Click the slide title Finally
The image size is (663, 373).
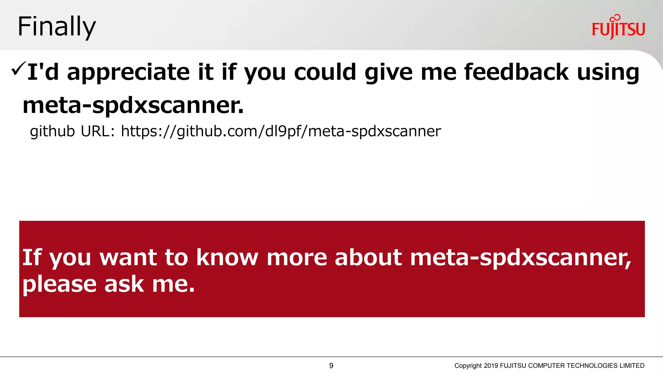(x=57, y=27)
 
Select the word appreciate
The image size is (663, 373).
(x=128, y=73)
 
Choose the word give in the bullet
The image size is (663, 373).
(x=388, y=73)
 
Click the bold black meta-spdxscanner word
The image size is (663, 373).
(x=133, y=106)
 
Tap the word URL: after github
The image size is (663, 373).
(x=97, y=131)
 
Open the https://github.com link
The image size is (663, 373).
(x=281, y=131)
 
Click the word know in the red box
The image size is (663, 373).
(x=227, y=258)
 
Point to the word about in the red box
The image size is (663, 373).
(x=368, y=258)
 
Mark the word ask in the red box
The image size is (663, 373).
(x=124, y=284)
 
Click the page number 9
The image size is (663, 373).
(x=331, y=366)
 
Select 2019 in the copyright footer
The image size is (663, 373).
(x=491, y=366)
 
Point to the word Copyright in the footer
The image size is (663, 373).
(x=468, y=366)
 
